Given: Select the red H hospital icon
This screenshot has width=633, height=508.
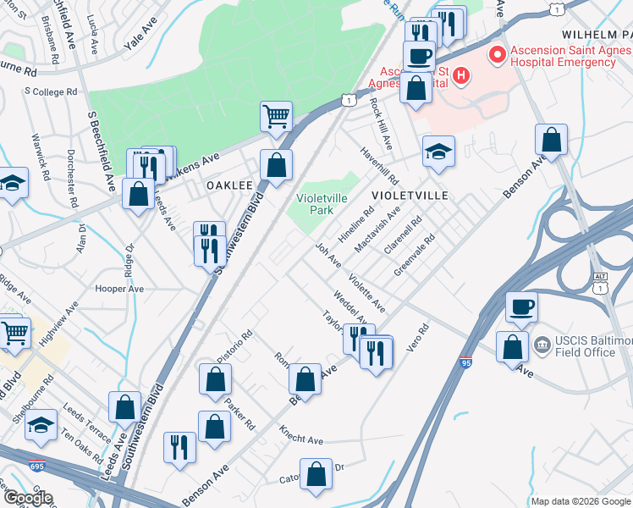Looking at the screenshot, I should click(461, 76).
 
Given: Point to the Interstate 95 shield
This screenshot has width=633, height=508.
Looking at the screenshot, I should click(466, 362).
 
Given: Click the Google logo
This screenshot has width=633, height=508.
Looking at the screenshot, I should click(27, 498).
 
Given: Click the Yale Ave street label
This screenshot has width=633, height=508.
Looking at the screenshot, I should click(140, 41).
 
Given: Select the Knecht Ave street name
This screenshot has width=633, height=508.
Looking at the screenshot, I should click(302, 440).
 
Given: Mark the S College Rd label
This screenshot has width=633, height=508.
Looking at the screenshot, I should click(51, 91).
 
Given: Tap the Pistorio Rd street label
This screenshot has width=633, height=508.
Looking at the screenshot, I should click(234, 345).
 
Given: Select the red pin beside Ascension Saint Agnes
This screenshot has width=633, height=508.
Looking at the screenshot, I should click(496, 56).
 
